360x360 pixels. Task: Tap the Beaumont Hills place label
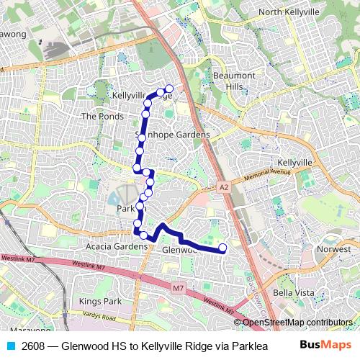234,81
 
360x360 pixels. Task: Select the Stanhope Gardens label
173,135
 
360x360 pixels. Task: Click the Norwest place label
334,249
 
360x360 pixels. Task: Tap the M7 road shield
179,288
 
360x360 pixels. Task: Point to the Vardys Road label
98,317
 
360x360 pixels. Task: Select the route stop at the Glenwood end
222,248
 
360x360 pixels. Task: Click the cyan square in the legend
10,345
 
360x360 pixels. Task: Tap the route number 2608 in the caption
33,345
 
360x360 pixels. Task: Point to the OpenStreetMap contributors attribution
297,323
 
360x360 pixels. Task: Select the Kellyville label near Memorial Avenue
294,163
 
